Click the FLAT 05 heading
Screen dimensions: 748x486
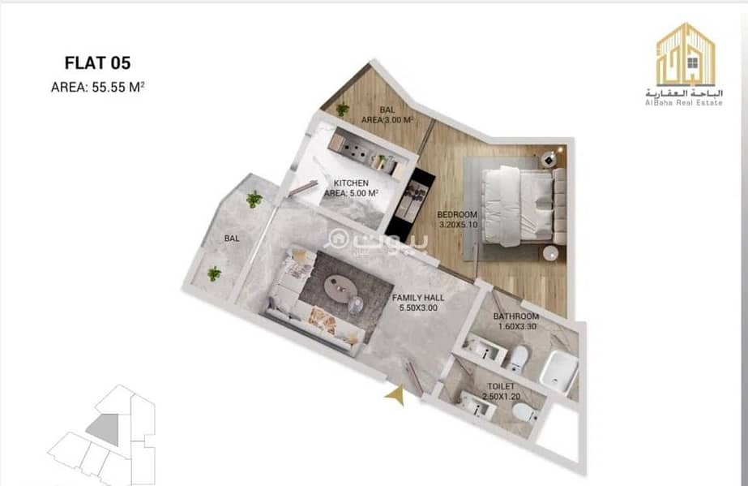(x=97, y=63)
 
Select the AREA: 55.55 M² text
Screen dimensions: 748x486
(x=98, y=87)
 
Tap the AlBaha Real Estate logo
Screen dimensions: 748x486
(x=685, y=64)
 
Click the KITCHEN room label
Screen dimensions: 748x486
(x=351, y=183)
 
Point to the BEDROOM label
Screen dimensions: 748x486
(x=457, y=214)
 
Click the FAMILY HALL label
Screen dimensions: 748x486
(x=418, y=298)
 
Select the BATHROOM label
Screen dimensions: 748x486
(x=516, y=316)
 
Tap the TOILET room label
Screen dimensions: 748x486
(x=501, y=386)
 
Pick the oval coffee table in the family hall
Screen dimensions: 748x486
(x=340, y=288)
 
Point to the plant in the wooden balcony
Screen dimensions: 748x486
(x=342, y=110)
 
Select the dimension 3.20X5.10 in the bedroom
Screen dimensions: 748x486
(x=458, y=225)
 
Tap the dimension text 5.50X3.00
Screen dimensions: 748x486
(x=418, y=308)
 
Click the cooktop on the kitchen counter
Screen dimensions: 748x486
(x=352, y=149)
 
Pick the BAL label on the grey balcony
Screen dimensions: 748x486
(x=232, y=239)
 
